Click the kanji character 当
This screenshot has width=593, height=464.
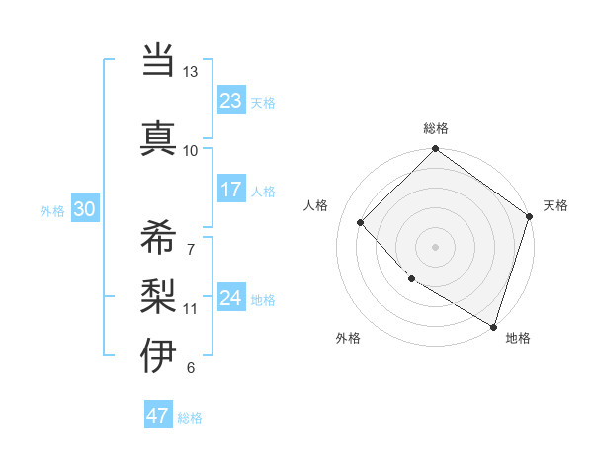[159, 61]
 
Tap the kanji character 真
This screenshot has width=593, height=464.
[159, 137]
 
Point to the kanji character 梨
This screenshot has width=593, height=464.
[159, 292]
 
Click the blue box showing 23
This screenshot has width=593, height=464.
[231, 101]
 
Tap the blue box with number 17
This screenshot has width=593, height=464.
[231, 190]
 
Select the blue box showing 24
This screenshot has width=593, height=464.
[231, 298]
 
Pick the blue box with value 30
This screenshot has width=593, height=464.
[84, 209]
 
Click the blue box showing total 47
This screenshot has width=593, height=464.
[158, 416]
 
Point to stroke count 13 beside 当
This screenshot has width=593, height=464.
[190, 72]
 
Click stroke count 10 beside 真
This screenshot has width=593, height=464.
[190, 150]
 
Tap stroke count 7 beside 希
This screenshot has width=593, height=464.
[190, 249]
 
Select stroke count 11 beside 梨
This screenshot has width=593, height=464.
[190, 308]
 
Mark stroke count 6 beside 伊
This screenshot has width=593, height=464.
[190, 368]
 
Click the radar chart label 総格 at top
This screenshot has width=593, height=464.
[435, 129]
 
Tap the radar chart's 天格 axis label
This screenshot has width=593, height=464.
[555, 205]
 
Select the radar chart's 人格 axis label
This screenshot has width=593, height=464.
[316, 205]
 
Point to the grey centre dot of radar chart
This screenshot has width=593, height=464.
[435, 246]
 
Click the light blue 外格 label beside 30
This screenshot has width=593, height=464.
[51, 210]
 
